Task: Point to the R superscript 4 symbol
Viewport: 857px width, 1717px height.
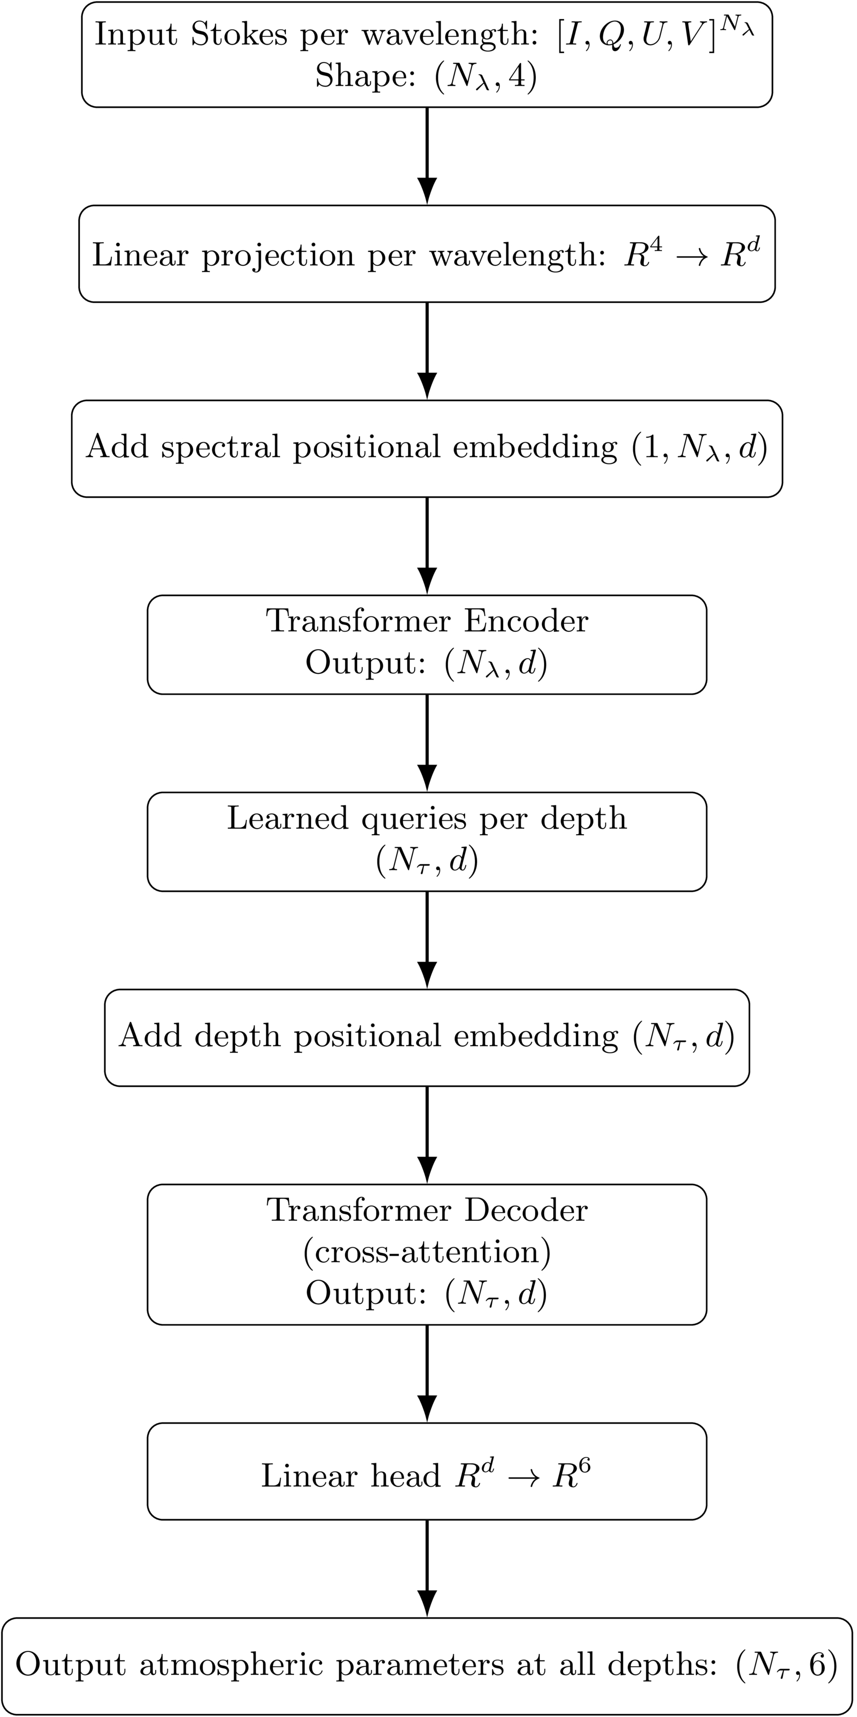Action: pyautogui.click(x=642, y=254)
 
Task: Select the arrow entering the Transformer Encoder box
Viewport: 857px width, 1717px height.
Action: pyautogui.click(x=427, y=545)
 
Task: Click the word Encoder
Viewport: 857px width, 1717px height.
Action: pyautogui.click(x=526, y=621)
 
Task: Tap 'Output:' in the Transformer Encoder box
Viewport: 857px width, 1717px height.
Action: pyautogui.click(x=365, y=663)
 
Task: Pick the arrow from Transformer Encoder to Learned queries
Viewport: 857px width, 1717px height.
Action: pyautogui.click(x=427, y=743)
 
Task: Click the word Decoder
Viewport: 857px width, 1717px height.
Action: pyautogui.click(x=526, y=1211)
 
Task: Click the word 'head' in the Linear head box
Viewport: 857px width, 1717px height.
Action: pyautogui.click(x=406, y=1476)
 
